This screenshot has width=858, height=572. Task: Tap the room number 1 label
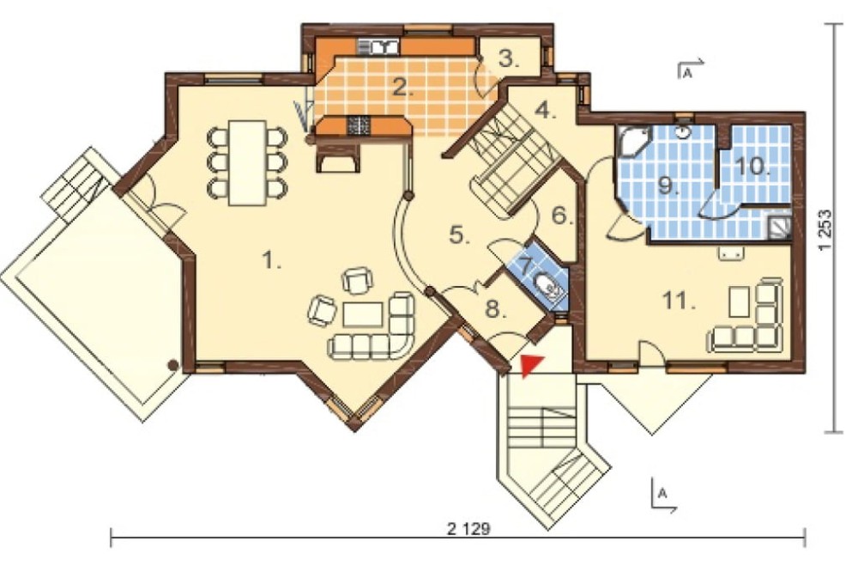pyautogui.click(x=271, y=259)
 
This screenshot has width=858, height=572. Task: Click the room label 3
pyautogui.click(x=508, y=59)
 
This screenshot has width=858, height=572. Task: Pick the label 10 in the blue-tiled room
pyautogui.click(x=753, y=165)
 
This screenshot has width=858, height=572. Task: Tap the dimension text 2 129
pyautogui.click(x=468, y=529)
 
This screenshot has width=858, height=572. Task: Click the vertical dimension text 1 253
pyautogui.click(x=825, y=229)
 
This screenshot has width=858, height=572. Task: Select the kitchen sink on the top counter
pyautogui.click(x=378, y=47)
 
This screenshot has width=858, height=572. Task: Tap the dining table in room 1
pyautogui.click(x=247, y=162)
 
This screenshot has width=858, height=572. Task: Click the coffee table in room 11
pyautogui.click(x=740, y=301)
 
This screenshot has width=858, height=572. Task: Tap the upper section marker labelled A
pyautogui.click(x=691, y=69)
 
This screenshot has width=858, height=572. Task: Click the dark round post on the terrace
pyautogui.click(x=173, y=364)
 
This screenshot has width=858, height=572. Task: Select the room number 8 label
pyautogui.click(x=495, y=309)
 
